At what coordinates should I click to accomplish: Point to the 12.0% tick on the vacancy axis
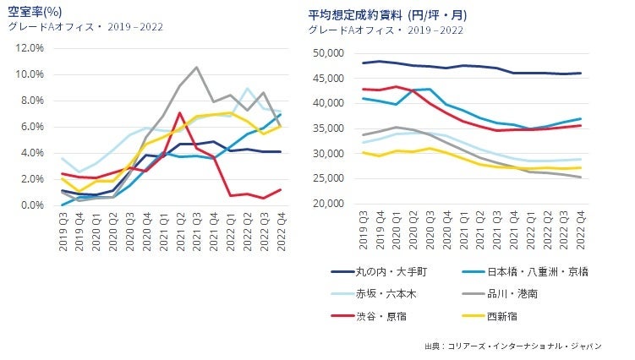(x=28, y=48)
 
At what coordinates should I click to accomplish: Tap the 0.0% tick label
(x=30, y=205)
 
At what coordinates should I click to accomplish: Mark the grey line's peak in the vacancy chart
(x=196, y=67)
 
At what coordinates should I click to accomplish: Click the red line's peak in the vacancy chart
(x=180, y=112)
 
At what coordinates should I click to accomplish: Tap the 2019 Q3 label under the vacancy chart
(x=63, y=229)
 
